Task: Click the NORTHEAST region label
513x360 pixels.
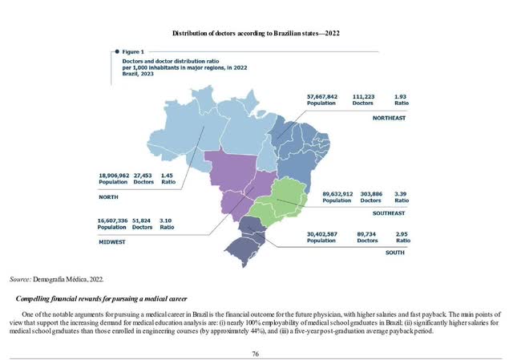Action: tap(390, 118)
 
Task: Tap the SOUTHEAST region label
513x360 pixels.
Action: tap(389, 214)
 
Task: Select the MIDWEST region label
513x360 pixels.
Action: tap(111, 239)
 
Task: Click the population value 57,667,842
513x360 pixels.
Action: tap(305, 96)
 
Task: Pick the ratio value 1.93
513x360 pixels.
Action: tap(401, 96)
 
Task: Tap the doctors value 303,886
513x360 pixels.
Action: tap(371, 193)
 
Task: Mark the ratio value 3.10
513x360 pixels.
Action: tap(168, 219)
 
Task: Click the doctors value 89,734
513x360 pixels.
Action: tap(367, 233)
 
